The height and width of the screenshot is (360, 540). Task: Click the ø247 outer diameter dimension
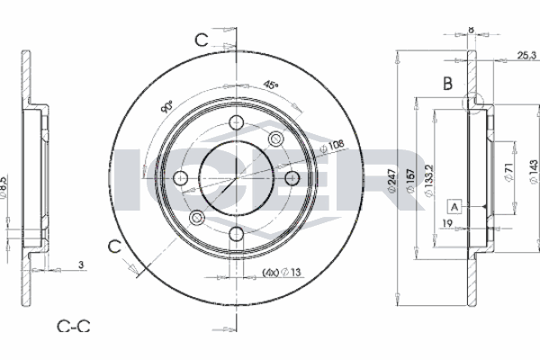pyautogui.click(x=391, y=181)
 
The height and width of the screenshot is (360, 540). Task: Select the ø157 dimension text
pyautogui.click(x=409, y=181)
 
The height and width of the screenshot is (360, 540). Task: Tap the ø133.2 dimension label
pyautogui.click(x=428, y=181)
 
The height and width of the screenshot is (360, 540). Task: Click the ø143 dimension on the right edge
pyautogui.click(x=533, y=172)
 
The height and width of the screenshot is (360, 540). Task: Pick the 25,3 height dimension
pyautogui.click(x=526, y=55)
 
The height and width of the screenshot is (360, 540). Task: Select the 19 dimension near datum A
pyautogui.click(x=447, y=223)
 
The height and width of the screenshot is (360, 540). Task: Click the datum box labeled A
pyautogui.click(x=454, y=207)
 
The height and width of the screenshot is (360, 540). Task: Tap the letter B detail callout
pyautogui.click(x=447, y=84)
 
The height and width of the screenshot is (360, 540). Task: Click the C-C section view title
pyautogui.click(x=74, y=326)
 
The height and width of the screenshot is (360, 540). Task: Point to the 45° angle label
pyautogui.click(x=271, y=85)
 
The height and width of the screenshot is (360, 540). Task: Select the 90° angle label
pyautogui.click(x=166, y=107)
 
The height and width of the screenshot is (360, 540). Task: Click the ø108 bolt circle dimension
pyautogui.click(x=331, y=147)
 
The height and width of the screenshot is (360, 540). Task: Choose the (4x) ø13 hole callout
pyautogui.click(x=282, y=273)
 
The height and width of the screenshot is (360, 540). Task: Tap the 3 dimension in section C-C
pyautogui.click(x=81, y=265)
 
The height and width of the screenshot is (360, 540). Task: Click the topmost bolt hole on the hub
pyautogui.click(x=237, y=122)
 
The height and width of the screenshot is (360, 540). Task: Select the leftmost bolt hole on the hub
pyautogui.click(x=181, y=178)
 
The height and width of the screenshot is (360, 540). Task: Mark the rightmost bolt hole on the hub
pyautogui.click(x=292, y=178)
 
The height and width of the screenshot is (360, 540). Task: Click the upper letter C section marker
pyautogui.click(x=202, y=40)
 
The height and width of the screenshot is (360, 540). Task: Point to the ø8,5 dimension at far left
pyautogui.click(x=3, y=187)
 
